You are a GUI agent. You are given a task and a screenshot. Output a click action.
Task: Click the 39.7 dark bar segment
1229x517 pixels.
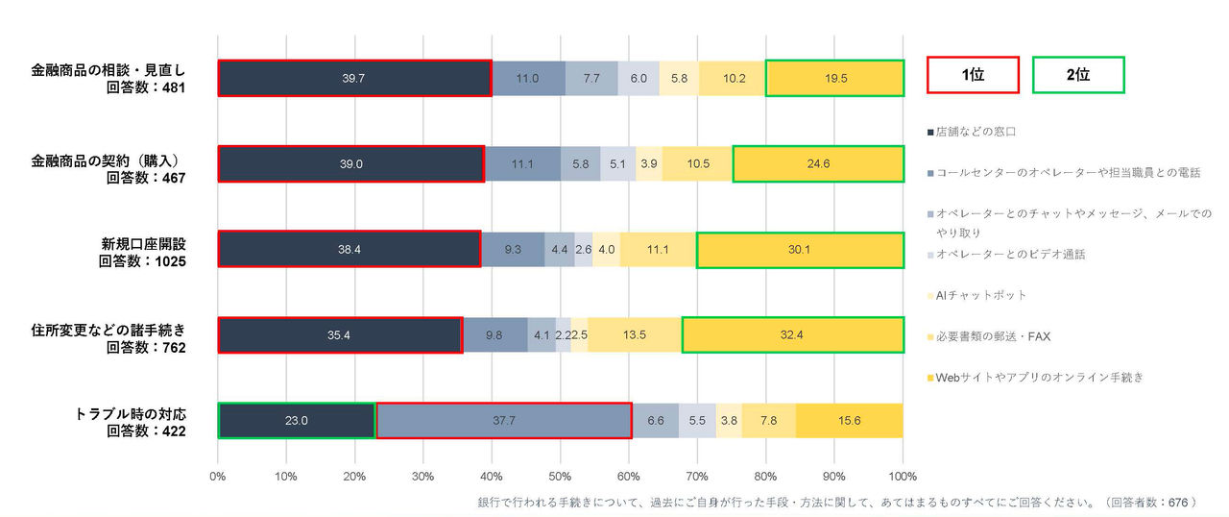click(354, 78)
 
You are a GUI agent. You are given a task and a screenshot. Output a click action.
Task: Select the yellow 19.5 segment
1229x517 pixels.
click(834, 78)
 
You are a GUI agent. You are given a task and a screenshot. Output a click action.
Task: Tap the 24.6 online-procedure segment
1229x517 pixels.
click(818, 163)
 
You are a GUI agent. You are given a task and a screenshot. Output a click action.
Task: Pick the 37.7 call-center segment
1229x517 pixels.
click(504, 420)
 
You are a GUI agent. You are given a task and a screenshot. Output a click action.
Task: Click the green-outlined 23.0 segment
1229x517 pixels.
click(297, 420)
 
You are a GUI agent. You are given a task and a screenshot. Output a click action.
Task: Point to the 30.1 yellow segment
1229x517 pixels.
click(800, 249)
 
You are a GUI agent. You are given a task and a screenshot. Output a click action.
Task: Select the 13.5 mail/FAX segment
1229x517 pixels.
click(635, 334)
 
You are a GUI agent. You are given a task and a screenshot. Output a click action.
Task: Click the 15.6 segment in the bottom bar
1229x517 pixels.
click(849, 420)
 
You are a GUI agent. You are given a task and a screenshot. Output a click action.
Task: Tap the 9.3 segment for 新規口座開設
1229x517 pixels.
click(513, 249)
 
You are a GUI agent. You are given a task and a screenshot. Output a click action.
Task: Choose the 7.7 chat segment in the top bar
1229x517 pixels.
click(591, 78)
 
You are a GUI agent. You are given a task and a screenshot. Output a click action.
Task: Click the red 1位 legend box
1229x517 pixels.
click(973, 74)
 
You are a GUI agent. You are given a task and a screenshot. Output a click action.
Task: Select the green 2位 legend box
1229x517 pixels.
click(1077, 74)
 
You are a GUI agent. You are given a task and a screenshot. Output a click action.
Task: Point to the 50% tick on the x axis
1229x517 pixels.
click(560, 476)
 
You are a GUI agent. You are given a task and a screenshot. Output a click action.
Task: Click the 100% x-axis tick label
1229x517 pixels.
click(902, 476)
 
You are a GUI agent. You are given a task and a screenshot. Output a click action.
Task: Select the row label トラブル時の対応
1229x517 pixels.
click(131, 413)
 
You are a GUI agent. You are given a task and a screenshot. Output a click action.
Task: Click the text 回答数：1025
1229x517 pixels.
click(142, 260)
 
